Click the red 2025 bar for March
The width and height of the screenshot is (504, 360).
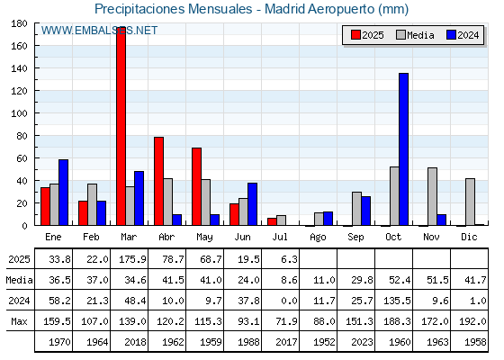tap(121, 126)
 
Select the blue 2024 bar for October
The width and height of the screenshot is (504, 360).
tap(404, 149)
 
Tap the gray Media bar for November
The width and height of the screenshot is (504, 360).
tap(432, 196)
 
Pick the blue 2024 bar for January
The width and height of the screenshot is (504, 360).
tap(63, 193)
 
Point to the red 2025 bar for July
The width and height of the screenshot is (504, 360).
tap(272, 221)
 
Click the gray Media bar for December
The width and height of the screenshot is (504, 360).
tap(470, 202)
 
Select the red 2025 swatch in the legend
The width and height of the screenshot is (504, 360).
tap(355, 35)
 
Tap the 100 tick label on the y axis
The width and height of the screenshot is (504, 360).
tap(19, 113)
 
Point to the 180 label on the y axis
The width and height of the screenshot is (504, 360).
tap(19, 23)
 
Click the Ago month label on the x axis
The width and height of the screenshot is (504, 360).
tap(318, 238)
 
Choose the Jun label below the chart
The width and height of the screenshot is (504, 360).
tap(242, 237)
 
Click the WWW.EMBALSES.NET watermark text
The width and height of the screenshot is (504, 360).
tap(99, 31)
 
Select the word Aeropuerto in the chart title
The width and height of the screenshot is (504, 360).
tap(341, 9)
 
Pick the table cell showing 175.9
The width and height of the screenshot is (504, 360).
tap(130, 259)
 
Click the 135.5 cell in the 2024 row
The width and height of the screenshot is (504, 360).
tap(394, 301)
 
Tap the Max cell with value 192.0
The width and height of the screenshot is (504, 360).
tap(470, 320)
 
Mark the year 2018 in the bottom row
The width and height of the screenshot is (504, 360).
tap(130, 342)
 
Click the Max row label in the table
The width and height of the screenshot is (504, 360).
tap(19, 321)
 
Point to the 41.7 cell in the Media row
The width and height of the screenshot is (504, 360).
tap(470, 280)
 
